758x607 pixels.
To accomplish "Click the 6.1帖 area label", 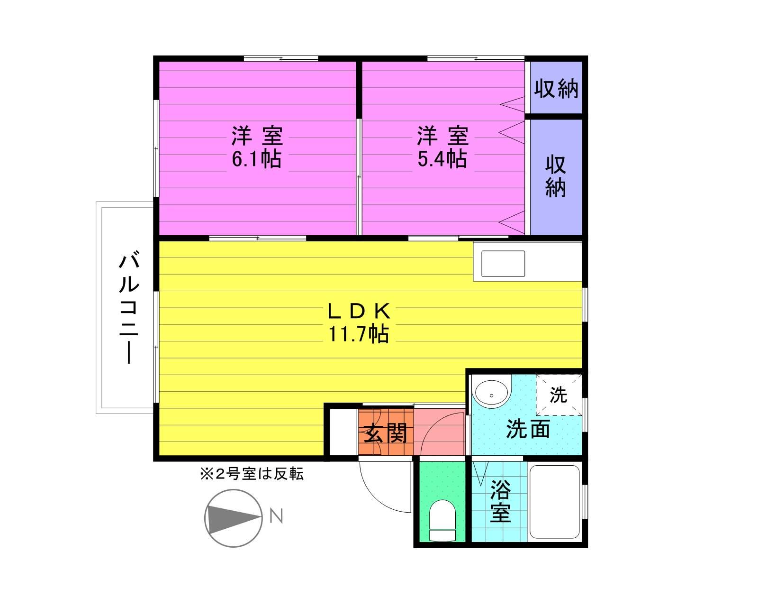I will tap(256, 159).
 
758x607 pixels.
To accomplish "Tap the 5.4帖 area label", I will tap(442, 159).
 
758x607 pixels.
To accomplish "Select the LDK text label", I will tap(359, 312).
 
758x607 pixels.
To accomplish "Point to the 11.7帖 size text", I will tap(359, 334).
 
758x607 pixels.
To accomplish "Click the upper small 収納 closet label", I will tap(556, 89).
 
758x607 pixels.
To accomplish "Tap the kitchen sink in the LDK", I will tap(503, 264).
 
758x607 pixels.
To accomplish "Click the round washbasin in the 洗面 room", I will tap(491, 394).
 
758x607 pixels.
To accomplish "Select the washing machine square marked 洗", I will tap(559, 395).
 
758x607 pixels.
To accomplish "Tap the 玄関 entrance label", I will tap(385, 433).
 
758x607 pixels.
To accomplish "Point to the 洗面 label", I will tap(528, 429).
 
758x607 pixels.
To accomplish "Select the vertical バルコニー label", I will tap(129, 308).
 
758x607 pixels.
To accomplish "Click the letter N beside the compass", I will tap(276, 515).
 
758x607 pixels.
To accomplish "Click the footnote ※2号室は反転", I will tap(252, 474).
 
